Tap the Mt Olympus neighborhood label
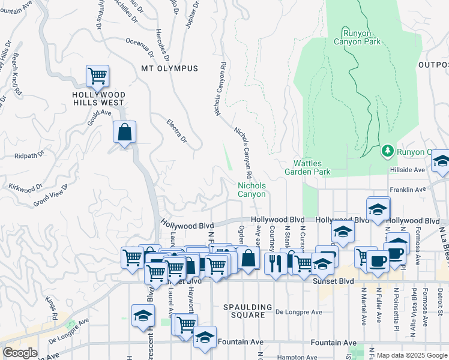tap(169, 68)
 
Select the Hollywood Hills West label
tap(98, 98)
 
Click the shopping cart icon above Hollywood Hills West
tap(97, 76)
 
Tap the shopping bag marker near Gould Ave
tap(125, 133)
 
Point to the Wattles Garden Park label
tap(312, 167)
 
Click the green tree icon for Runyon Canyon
tap(388, 150)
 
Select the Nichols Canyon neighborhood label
tap(252, 190)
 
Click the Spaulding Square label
tap(244, 311)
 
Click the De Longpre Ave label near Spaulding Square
tap(299, 312)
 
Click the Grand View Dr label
tap(50, 196)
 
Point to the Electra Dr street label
tap(178, 133)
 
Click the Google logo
tap(20, 353)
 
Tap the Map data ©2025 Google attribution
tap(408, 355)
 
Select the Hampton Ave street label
tap(298, 357)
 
